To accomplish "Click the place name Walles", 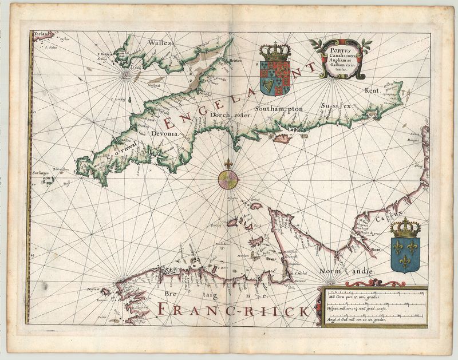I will click(x=159, y=43).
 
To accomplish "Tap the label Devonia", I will click(x=165, y=133).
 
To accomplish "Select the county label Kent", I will click(x=372, y=90).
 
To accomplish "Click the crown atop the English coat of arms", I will click(x=275, y=52).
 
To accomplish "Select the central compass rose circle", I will click(x=228, y=180).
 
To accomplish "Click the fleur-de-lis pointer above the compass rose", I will click(x=228, y=164).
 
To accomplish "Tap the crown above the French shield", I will click(x=405, y=228).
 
